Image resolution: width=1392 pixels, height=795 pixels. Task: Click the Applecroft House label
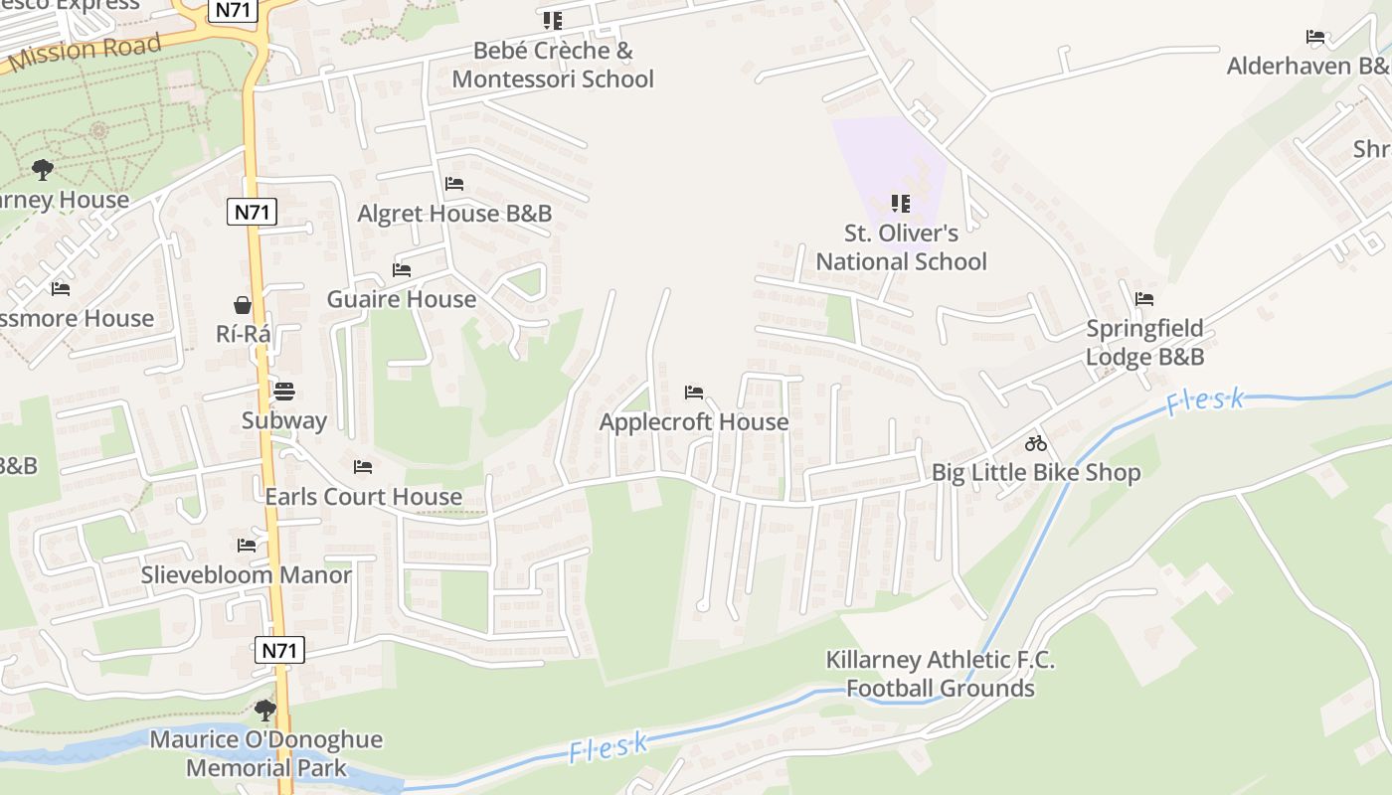[x=693, y=422]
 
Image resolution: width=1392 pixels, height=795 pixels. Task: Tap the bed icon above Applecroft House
[x=694, y=393]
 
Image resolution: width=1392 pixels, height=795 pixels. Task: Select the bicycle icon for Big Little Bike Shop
[x=1036, y=443]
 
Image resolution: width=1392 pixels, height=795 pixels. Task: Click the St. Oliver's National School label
[x=901, y=247]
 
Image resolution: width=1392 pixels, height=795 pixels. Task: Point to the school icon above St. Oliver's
[x=901, y=204]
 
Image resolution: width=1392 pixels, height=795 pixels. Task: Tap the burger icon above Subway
[x=284, y=391]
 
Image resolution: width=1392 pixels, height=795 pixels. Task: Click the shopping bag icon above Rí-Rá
[x=243, y=304]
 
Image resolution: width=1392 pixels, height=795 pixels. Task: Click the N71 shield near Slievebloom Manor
[x=279, y=651]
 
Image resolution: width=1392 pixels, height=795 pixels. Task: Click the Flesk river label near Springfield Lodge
[x=1204, y=401]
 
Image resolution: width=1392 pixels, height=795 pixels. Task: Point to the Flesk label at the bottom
[x=609, y=747]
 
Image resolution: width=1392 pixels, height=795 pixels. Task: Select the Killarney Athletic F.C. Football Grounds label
[x=940, y=674]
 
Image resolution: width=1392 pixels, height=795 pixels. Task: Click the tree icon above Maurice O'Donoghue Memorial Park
[x=265, y=710]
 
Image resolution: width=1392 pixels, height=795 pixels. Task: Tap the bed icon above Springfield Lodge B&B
[x=1144, y=298]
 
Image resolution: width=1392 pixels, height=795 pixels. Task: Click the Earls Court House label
[x=363, y=496]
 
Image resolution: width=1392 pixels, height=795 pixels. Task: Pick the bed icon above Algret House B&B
[x=454, y=184]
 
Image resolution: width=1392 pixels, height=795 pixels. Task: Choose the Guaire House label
[x=402, y=299]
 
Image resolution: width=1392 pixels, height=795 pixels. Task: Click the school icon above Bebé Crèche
[x=553, y=20]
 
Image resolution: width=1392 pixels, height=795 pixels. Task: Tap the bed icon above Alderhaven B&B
[x=1315, y=37]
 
